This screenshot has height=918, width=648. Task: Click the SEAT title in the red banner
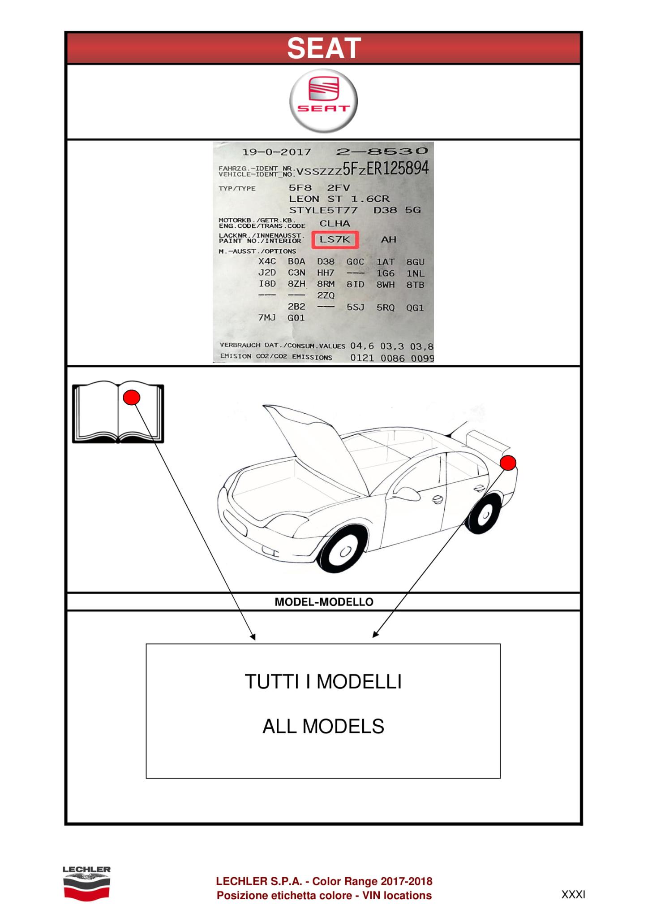(x=324, y=48)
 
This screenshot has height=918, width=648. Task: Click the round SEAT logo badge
(x=323, y=101)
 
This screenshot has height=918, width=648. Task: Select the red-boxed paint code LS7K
(x=335, y=240)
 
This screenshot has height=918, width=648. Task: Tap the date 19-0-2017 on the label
(x=276, y=152)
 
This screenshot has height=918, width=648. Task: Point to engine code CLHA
(x=335, y=223)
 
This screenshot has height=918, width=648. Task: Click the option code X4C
(x=267, y=261)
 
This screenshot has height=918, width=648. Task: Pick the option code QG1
(x=415, y=307)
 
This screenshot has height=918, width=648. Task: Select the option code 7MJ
(x=267, y=318)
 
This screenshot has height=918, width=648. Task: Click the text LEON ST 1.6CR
(x=339, y=199)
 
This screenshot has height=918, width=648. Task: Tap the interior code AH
(x=388, y=240)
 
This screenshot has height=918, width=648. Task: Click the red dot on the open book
(x=131, y=397)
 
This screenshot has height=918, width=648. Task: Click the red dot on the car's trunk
(x=508, y=463)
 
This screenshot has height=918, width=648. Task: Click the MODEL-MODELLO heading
(x=324, y=602)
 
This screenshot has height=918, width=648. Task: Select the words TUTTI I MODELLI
(x=323, y=682)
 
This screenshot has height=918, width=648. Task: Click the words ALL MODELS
(x=323, y=727)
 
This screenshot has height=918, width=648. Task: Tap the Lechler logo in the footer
(x=86, y=883)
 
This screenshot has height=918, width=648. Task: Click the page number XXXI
(x=573, y=895)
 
